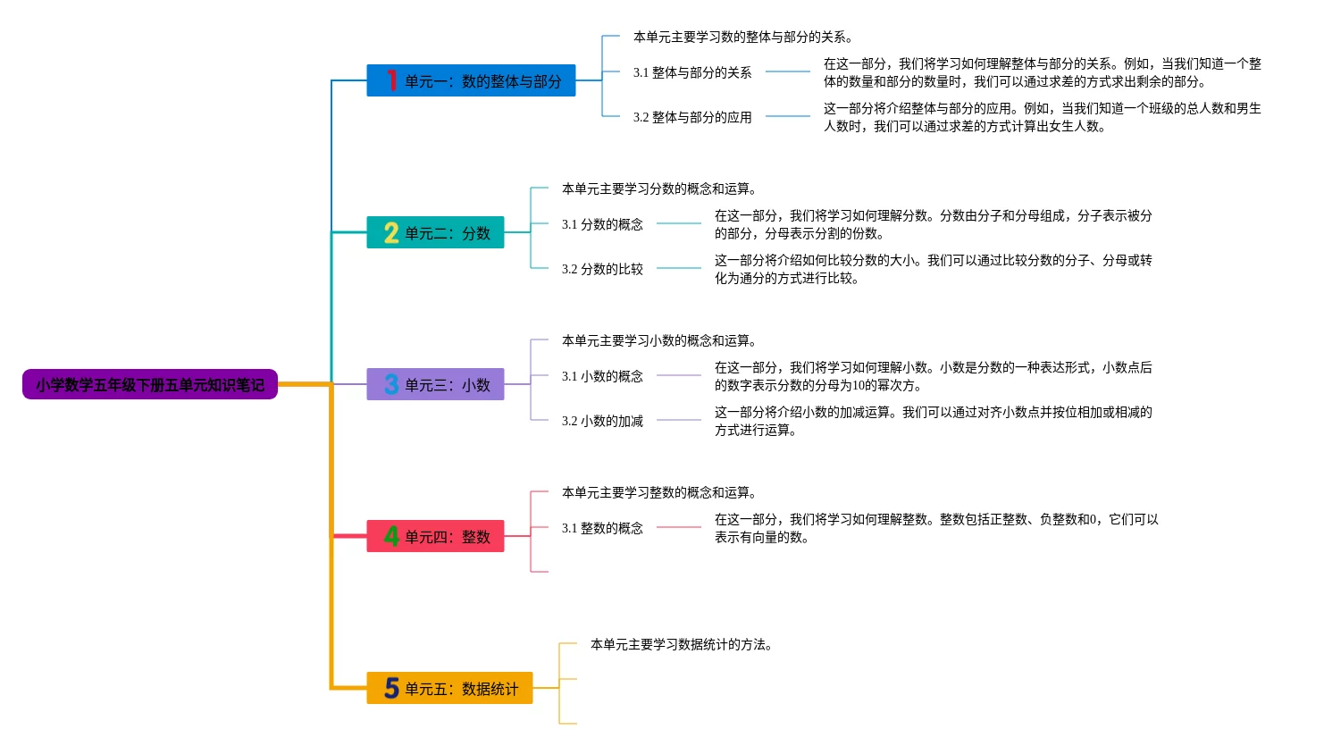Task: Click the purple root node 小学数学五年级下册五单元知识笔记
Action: tap(150, 385)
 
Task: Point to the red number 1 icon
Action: tap(391, 80)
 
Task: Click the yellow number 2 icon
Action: tap(391, 233)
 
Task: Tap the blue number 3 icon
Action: tap(391, 385)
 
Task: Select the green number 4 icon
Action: tap(391, 536)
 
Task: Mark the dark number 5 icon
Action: tap(391, 688)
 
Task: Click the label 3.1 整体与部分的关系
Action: tap(692, 72)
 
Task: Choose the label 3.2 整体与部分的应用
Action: tap(692, 117)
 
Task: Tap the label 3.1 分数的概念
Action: tap(602, 224)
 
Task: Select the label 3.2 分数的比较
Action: tap(602, 269)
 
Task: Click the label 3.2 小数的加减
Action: tap(602, 421)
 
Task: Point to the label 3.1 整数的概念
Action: tap(602, 528)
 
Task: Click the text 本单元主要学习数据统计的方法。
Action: tap(681, 644)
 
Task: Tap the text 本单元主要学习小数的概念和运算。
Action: tap(659, 340)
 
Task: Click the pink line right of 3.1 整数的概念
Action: tap(679, 527)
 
